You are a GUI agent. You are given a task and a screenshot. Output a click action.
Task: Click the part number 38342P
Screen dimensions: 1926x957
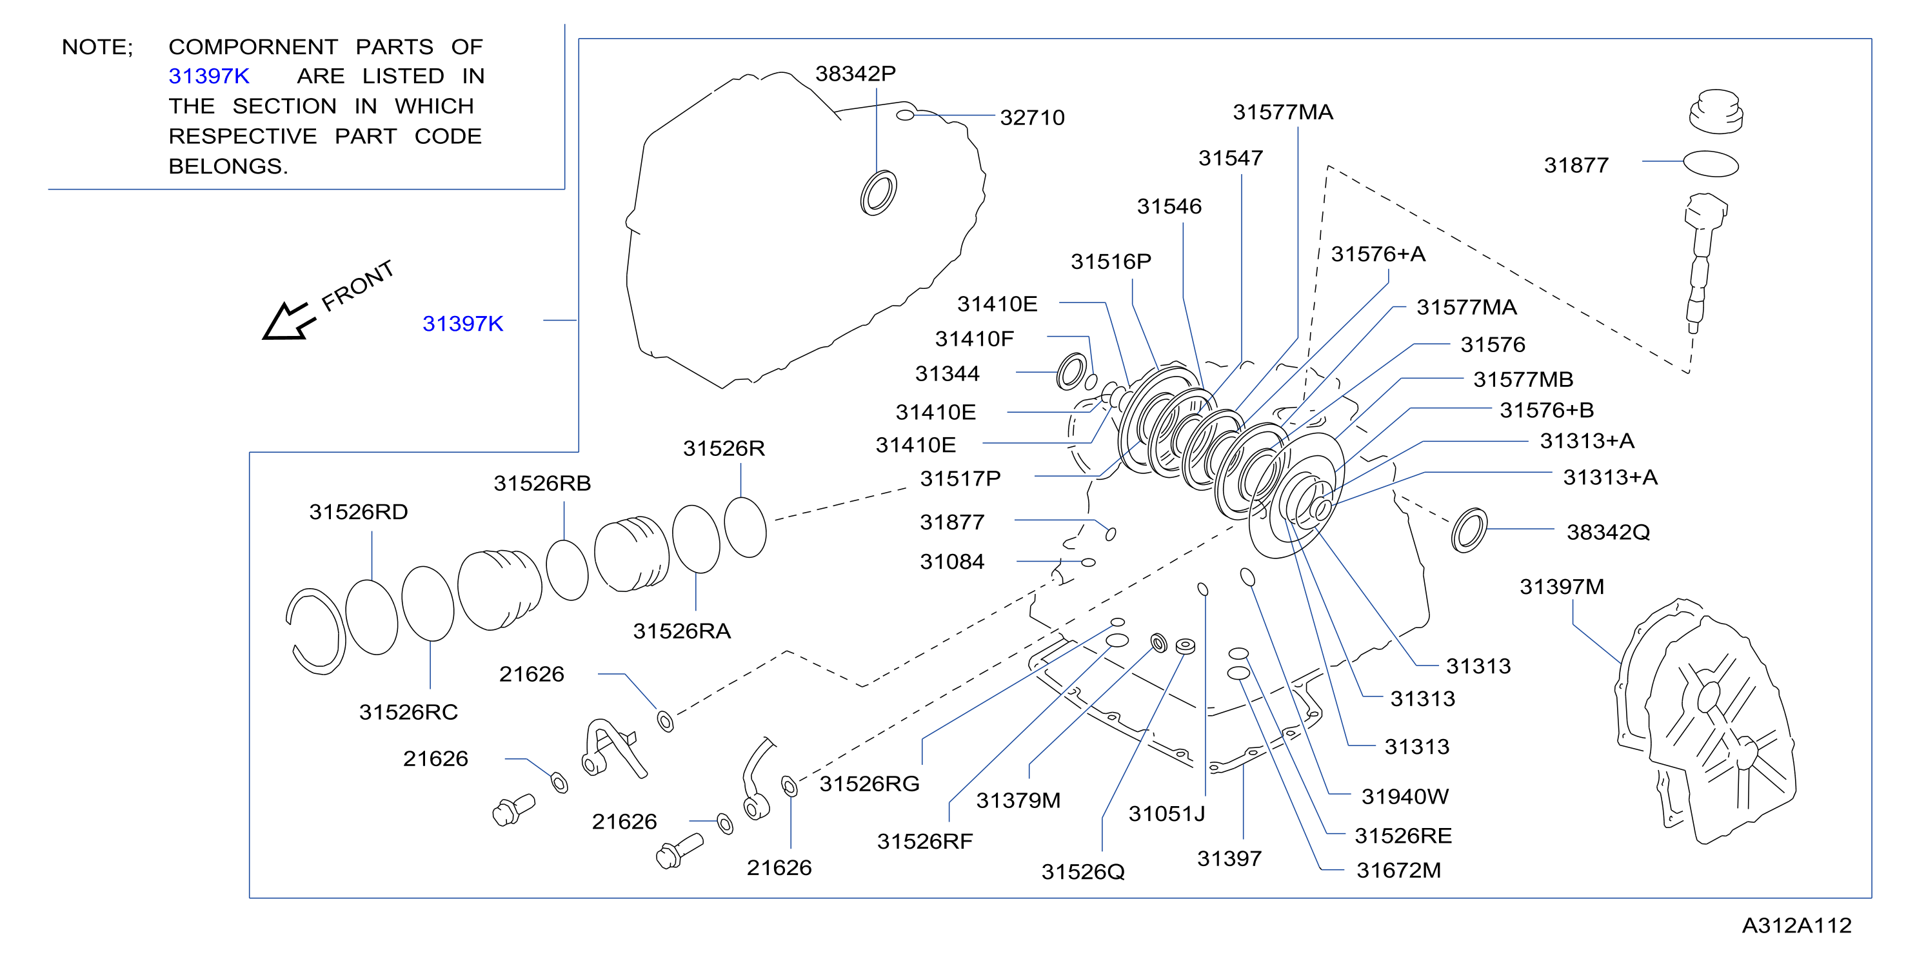855,74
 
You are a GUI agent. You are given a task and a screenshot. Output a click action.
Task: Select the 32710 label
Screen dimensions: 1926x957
1032,117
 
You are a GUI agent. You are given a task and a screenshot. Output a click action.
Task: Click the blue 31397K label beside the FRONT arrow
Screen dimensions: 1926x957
463,323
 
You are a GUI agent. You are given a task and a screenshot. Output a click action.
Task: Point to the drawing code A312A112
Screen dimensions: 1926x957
1796,925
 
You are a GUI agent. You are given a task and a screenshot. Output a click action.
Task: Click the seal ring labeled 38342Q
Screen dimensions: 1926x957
1469,530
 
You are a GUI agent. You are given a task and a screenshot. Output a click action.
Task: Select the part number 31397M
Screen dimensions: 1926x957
1562,587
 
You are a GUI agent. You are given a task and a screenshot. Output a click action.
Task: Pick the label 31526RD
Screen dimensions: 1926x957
358,512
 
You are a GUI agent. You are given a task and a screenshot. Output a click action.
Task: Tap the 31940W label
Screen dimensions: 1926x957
1405,796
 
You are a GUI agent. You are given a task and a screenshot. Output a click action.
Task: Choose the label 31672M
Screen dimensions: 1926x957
1398,871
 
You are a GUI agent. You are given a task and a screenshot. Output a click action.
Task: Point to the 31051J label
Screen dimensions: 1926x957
1166,813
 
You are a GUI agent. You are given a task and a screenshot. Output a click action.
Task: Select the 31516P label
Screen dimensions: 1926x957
1111,262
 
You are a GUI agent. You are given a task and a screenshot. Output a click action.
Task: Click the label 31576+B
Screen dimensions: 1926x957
1546,409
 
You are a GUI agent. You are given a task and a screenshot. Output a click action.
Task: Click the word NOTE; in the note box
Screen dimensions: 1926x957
97,47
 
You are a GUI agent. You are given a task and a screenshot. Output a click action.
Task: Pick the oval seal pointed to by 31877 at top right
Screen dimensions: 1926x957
1711,164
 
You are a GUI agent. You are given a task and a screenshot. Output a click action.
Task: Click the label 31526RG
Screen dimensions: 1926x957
869,784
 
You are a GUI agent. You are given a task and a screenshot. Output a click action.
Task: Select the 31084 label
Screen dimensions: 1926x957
952,562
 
